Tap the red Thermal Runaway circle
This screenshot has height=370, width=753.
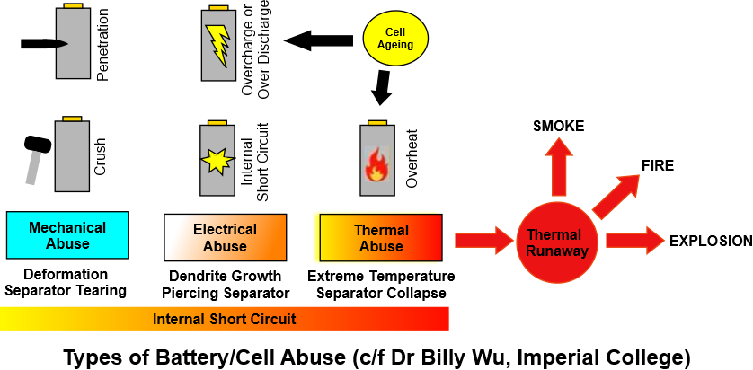557,239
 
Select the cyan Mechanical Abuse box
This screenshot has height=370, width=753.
67,236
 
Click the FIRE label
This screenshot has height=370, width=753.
658,165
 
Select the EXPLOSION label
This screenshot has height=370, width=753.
710,241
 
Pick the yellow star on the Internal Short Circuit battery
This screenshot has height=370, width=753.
217,162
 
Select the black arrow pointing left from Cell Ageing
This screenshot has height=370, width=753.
310,40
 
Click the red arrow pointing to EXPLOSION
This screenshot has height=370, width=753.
633,240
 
